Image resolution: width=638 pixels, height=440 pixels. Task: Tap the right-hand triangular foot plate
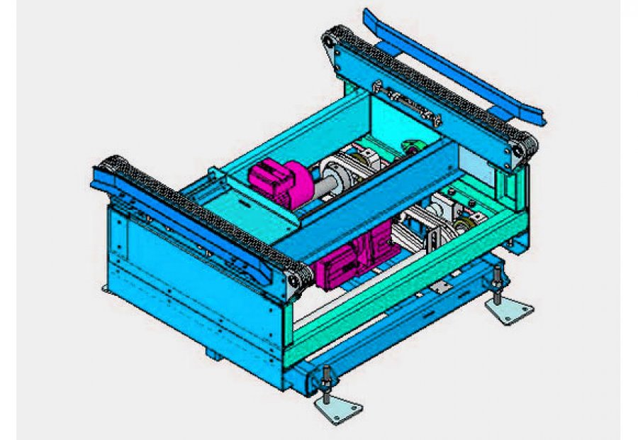click(x=509, y=311)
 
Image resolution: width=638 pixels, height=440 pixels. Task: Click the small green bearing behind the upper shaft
click(x=412, y=150)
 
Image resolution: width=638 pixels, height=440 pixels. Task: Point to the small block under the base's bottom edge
click(x=213, y=353)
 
